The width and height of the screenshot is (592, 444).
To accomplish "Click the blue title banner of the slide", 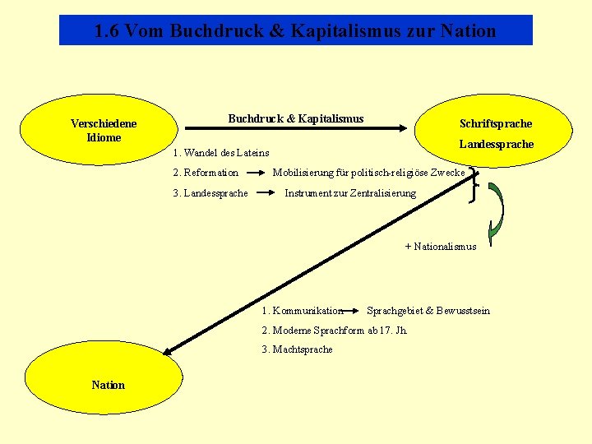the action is pyautogui.click(x=296, y=30).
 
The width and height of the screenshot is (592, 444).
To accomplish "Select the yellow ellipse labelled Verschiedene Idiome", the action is pyautogui.click(x=103, y=130).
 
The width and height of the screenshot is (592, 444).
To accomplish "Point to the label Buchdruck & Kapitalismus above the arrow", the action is pyautogui.click(x=295, y=119).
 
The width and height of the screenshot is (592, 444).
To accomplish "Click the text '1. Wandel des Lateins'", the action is pyautogui.click(x=220, y=152).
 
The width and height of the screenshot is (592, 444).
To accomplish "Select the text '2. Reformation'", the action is pyautogui.click(x=206, y=173).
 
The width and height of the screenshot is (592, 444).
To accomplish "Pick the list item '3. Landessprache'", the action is pyautogui.click(x=210, y=193).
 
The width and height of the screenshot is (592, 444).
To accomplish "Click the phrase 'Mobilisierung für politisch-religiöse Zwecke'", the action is pyautogui.click(x=368, y=173).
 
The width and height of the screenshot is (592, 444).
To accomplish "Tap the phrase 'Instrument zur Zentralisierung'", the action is pyautogui.click(x=350, y=193).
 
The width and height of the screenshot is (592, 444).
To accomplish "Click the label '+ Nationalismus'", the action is pyautogui.click(x=441, y=246).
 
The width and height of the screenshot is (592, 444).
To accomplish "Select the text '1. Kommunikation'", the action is pyautogui.click(x=302, y=311).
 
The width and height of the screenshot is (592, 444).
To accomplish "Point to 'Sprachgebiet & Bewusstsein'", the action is pyautogui.click(x=428, y=311).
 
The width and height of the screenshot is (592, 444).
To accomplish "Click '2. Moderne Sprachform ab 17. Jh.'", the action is pyautogui.click(x=334, y=330).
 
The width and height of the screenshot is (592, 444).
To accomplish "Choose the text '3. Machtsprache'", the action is pyautogui.click(x=297, y=349).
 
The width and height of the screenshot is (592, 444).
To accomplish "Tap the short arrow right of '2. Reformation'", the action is pyautogui.click(x=257, y=173).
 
